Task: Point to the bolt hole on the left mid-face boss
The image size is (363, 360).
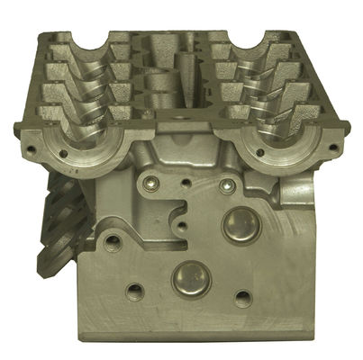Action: pos(114,241)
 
